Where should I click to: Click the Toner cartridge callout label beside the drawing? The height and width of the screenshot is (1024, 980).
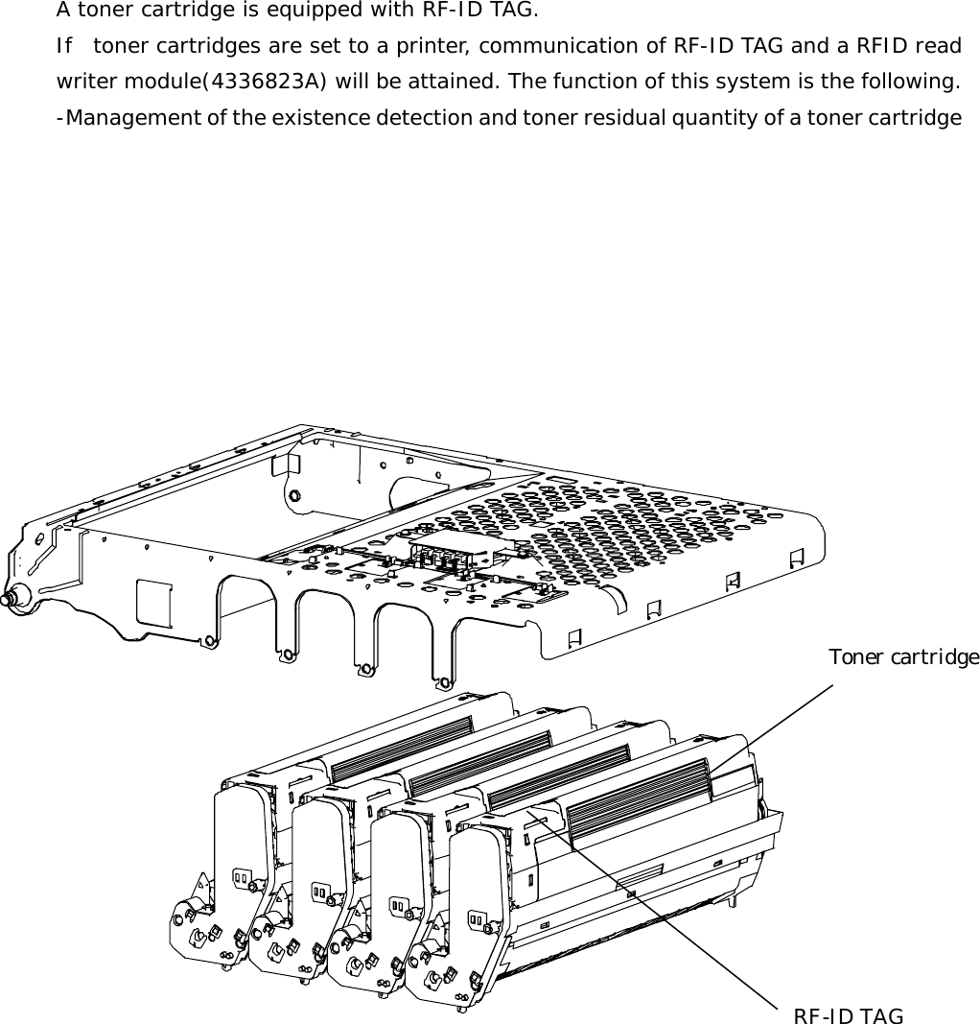903,657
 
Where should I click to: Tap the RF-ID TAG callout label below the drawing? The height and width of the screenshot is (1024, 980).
848,1016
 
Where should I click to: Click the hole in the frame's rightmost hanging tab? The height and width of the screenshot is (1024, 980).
443,683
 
